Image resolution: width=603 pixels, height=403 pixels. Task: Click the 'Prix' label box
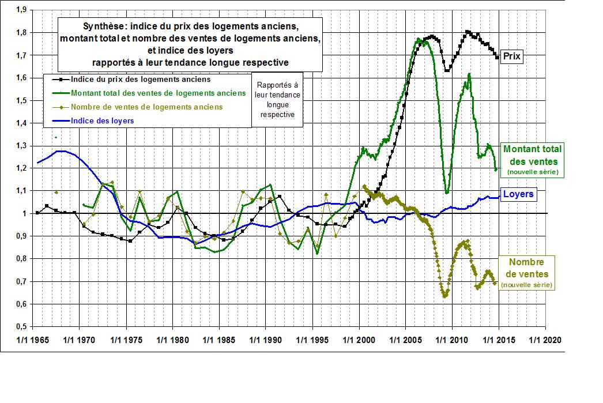tap(513, 57)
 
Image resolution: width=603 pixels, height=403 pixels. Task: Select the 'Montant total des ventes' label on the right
tap(533, 160)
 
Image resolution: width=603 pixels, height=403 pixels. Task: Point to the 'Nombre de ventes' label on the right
tap(527, 273)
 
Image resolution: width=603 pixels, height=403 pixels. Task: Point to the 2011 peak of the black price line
tap(468, 32)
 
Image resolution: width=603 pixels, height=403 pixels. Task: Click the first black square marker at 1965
tap(37, 212)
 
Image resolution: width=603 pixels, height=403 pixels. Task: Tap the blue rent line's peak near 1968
tap(61, 151)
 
